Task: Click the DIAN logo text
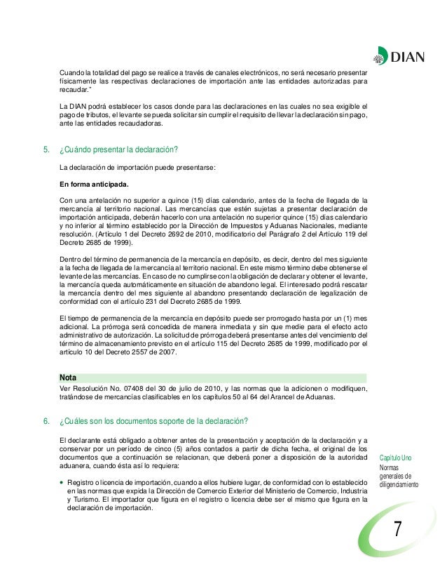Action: click(x=406, y=58)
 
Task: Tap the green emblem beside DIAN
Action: click(x=379, y=58)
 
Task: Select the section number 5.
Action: click(x=46, y=149)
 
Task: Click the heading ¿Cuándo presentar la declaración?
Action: click(x=119, y=149)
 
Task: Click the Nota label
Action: click(x=69, y=377)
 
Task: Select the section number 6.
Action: click(x=46, y=421)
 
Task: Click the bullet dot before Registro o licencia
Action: click(x=62, y=483)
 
